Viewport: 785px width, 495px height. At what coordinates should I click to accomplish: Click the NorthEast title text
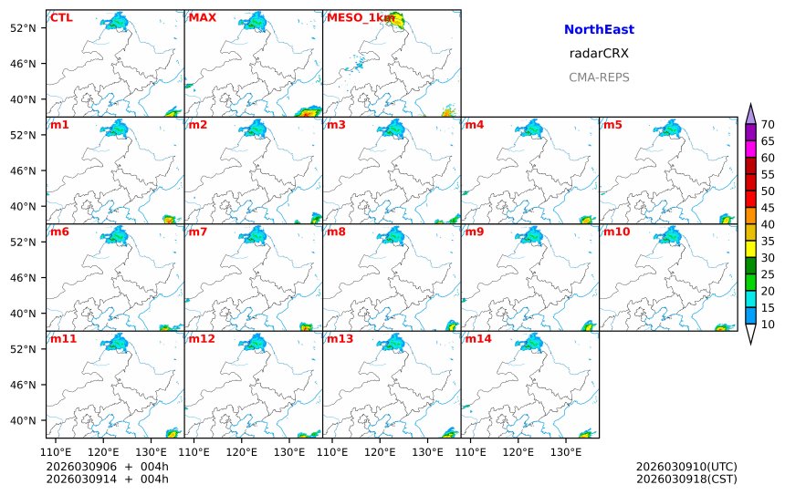point(599,30)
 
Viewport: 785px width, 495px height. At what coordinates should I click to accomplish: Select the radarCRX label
point(599,54)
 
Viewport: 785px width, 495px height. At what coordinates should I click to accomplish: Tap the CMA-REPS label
point(599,77)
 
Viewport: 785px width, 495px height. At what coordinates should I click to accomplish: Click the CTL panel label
point(61,17)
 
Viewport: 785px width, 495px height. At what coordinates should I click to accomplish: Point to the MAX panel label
point(202,17)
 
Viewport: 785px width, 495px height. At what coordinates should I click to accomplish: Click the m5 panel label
point(612,125)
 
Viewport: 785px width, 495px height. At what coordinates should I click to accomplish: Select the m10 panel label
point(615,232)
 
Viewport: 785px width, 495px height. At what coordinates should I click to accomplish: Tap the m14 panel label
point(479,339)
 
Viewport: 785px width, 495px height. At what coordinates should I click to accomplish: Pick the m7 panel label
point(198,232)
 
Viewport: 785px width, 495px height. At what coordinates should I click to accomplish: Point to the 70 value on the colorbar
point(768,125)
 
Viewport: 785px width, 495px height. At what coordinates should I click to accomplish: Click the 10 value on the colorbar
point(768,325)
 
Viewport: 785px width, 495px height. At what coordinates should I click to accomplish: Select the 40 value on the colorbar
point(768,224)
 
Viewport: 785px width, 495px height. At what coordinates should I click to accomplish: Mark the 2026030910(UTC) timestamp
point(686,467)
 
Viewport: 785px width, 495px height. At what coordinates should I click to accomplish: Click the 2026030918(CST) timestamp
point(686,479)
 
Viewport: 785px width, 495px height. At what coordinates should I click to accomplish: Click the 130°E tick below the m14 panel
point(566,451)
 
